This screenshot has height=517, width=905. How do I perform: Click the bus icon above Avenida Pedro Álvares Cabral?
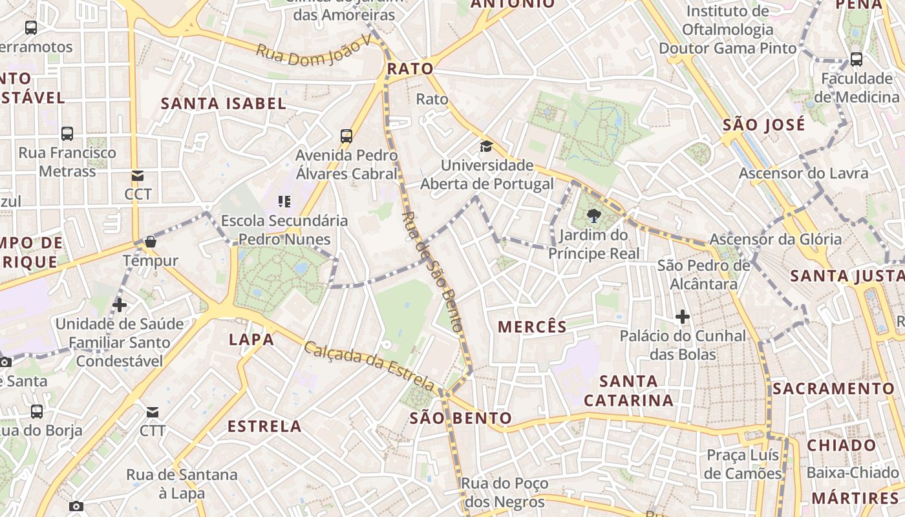(x=346, y=136)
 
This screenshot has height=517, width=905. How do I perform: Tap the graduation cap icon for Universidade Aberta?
(x=486, y=147)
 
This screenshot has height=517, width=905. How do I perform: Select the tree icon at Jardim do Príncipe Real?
(x=594, y=216)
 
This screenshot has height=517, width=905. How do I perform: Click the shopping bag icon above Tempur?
(x=151, y=242)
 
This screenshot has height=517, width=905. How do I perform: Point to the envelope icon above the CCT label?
(x=138, y=175)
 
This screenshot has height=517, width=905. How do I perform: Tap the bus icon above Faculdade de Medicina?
(x=857, y=59)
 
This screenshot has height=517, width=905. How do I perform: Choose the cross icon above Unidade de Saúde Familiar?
(x=120, y=304)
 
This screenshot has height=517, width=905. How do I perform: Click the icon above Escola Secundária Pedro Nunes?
(x=284, y=202)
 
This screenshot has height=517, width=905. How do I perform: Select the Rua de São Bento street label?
(x=432, y=271)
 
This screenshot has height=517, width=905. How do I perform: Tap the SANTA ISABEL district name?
(x=223, y=103)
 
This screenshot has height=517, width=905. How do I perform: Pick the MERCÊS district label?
(x=532, y=327)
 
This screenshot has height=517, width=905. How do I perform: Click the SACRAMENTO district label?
(x=833, y=388)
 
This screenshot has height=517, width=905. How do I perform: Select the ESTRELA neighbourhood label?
(x=264, y=427)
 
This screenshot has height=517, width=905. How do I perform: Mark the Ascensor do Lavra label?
(x=804, y=173)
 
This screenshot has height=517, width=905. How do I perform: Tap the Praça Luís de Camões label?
(x=743, y=464)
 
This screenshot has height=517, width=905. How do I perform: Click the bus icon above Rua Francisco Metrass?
(x=67, y=134)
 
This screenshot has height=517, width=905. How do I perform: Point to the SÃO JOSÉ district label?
(x=764, y=124)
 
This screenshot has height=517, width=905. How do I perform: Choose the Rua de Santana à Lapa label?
(x=182, y=484)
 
